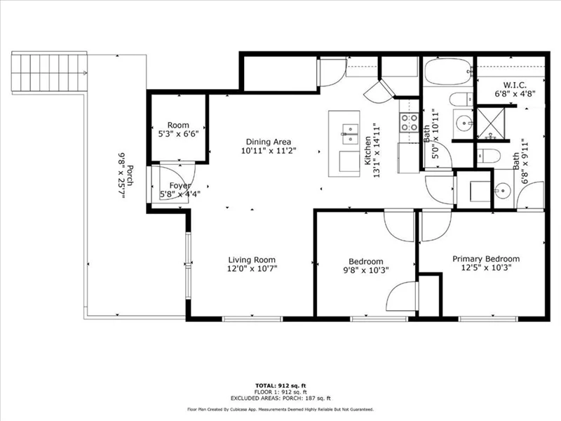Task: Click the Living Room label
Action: [x=252, y=260]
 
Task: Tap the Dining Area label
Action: [x=269, y=142]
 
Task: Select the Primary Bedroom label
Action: [x=486, y=259]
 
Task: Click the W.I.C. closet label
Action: [x=515, y=85]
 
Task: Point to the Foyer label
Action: [x=180, y=186]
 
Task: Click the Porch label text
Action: [x=130, y=175]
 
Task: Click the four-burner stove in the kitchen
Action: [x=410, y=122]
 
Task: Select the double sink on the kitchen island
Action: [x=350, y=134]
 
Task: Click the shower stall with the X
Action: [x=491, y=123]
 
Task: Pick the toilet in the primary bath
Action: [x=488, y=156]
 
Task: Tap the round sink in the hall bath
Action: [x=464, y=124]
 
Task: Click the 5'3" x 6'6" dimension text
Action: [x=178, y=134]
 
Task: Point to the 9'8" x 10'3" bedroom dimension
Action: [x=365, y=270]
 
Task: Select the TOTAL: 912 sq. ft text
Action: [x=280, y=385]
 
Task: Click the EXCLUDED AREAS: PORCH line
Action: [x=280, y=398]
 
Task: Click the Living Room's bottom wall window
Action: [x=252, y=319]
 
